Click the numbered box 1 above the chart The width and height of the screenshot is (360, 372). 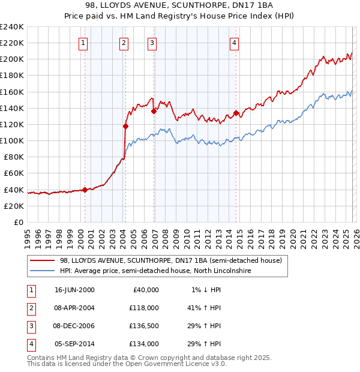click(83, 43)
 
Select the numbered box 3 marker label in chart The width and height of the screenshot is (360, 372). click(152, 43)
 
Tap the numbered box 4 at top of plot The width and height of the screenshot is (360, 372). click(234, 43)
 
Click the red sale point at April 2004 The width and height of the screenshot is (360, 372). click(125, 126)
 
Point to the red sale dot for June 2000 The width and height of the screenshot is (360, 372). click(85, 190)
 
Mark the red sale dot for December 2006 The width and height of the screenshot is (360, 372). click(154, 111)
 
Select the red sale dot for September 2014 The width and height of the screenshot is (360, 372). click(236, 113)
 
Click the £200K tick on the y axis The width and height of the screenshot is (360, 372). click(12, 59)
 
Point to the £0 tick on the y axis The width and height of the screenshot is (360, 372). click(18, 222)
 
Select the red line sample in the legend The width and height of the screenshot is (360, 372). click(43, 260)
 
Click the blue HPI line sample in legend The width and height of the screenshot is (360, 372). click(43, 271)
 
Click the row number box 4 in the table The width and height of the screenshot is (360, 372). click(30, 344)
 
